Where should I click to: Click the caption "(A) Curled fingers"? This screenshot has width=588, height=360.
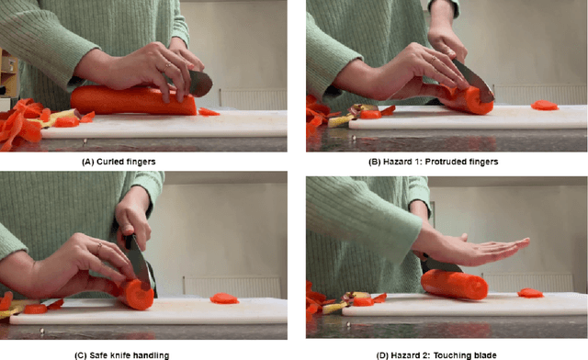click(119, 162)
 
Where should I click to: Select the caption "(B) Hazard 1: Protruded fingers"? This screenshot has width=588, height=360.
click(433, 162)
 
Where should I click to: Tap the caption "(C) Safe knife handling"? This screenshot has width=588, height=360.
click(122, 355)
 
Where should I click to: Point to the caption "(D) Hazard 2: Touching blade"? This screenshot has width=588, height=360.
click(436, 355)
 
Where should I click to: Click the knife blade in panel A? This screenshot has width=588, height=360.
click(200, 83)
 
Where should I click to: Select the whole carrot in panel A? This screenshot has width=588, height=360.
click(133, 100)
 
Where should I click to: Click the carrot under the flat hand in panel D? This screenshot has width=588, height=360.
click(454, 285)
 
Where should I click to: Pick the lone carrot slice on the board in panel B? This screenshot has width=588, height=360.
click(545, 106)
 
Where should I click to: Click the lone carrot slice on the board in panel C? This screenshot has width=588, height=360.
click(224, 298)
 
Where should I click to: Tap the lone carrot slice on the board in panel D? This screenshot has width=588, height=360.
click(530, 293)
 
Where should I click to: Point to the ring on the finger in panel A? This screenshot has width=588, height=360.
click(167, 67)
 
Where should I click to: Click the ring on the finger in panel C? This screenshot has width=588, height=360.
click(99, 246)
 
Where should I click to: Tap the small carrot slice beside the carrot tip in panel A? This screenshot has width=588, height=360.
click(209, 112)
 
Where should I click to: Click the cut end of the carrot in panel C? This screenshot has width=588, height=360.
click(140, 295)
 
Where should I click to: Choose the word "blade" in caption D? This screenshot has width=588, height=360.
click(485, 355)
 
